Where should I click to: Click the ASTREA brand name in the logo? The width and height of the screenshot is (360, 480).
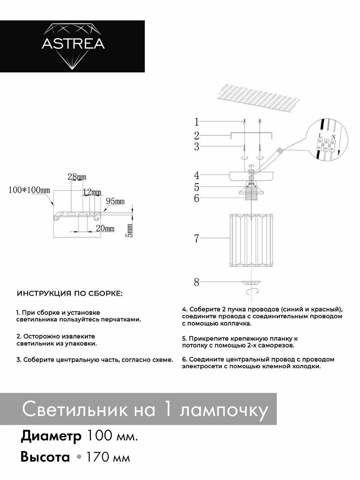(73, 44)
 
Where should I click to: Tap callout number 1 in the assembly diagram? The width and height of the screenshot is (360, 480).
(196, 121)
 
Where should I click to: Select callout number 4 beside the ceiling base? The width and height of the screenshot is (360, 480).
(196, 175)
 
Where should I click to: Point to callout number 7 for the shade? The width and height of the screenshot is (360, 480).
(196, 239)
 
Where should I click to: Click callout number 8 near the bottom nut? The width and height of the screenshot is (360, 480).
(196, 282)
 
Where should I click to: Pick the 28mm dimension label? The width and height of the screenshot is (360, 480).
(77, 176)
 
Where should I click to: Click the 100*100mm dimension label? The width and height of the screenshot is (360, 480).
(29, 190)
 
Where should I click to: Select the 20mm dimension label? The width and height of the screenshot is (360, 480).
(105, 229)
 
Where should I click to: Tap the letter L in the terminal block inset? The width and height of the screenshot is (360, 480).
(320, 136)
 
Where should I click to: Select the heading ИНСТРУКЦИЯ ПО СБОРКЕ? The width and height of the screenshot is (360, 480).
(70, 294)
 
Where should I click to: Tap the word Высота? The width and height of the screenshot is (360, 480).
(45, 457)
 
